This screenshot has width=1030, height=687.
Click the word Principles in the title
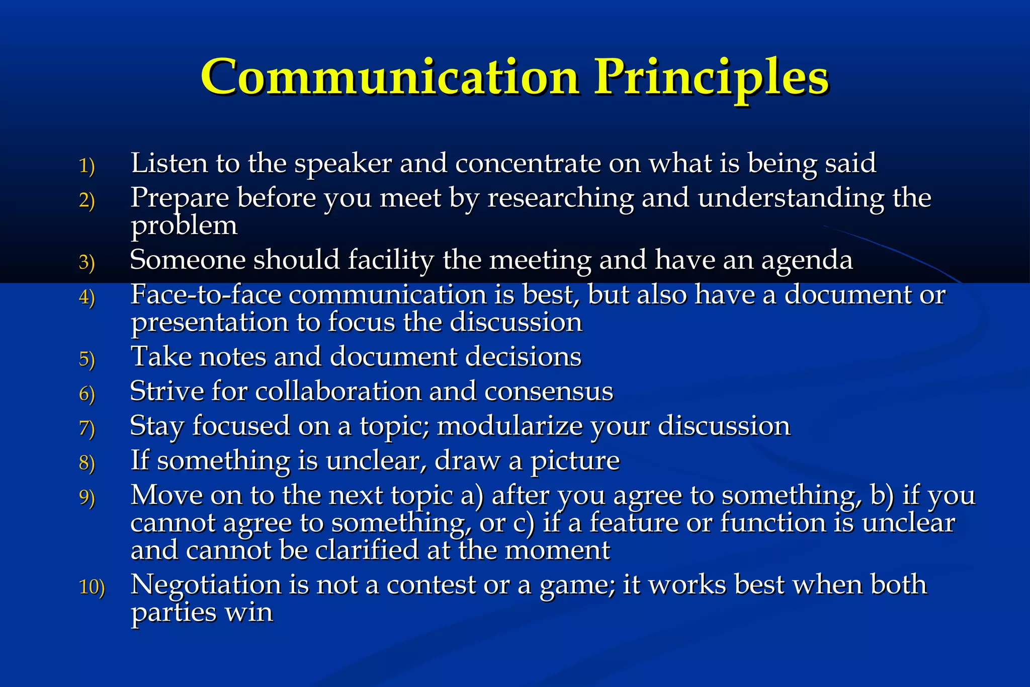click(x=711, y=78)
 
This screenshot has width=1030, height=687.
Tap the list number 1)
click(x=87, y=166)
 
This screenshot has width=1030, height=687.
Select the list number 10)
click(x=92, y=587)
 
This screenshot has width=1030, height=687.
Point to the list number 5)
click(x=87, y=359)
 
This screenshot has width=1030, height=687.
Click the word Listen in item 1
click(x=169, y=163)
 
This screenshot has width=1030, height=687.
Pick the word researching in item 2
click(x=560, y=198)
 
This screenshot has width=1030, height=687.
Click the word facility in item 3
click(x=390, y=261)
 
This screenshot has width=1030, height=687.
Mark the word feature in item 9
click(x=633, y=522)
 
